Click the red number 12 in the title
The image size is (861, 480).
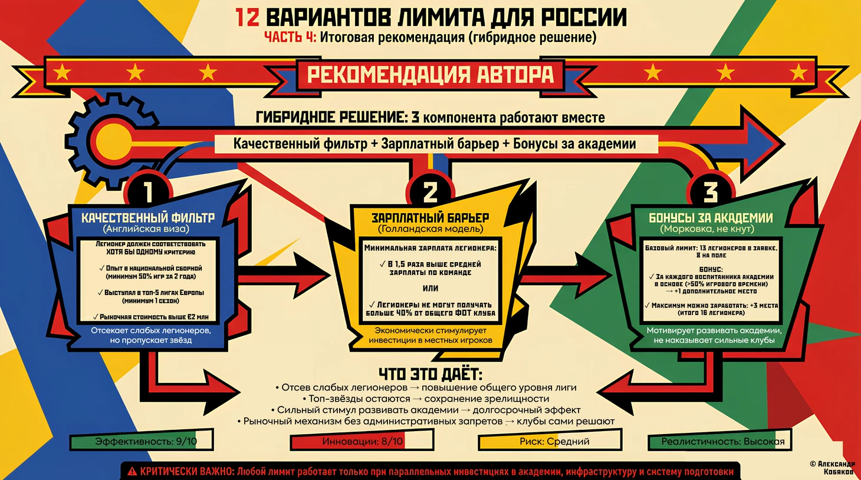coord(248,18)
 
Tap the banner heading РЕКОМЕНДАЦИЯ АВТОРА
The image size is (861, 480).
coord(430,74)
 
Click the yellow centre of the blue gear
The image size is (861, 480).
coord(113,142)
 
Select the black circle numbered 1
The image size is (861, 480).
coord(148,191)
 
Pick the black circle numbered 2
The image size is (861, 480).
coord(430,191)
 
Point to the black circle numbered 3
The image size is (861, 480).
coord(711,191)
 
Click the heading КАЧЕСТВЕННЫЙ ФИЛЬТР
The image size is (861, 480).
coord(148,218)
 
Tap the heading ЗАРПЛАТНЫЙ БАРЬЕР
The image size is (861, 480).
coord(430,218)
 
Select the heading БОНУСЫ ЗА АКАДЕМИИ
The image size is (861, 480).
coord(711,218)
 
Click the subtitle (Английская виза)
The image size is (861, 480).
coord(146,229)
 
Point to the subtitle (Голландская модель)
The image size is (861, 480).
coord(430,229)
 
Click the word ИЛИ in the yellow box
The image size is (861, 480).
coord(430,289)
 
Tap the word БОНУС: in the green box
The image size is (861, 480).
coord(711,270)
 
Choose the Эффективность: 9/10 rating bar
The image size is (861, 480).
coord(142,441)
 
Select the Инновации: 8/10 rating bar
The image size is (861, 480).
coord(362,441)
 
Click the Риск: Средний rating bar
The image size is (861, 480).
coord(550,441)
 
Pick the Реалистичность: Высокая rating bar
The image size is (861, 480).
coord(720,441)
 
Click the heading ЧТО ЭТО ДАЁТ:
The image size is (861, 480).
coord(430,373)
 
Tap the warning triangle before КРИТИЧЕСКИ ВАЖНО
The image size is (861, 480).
coord(132,471)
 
